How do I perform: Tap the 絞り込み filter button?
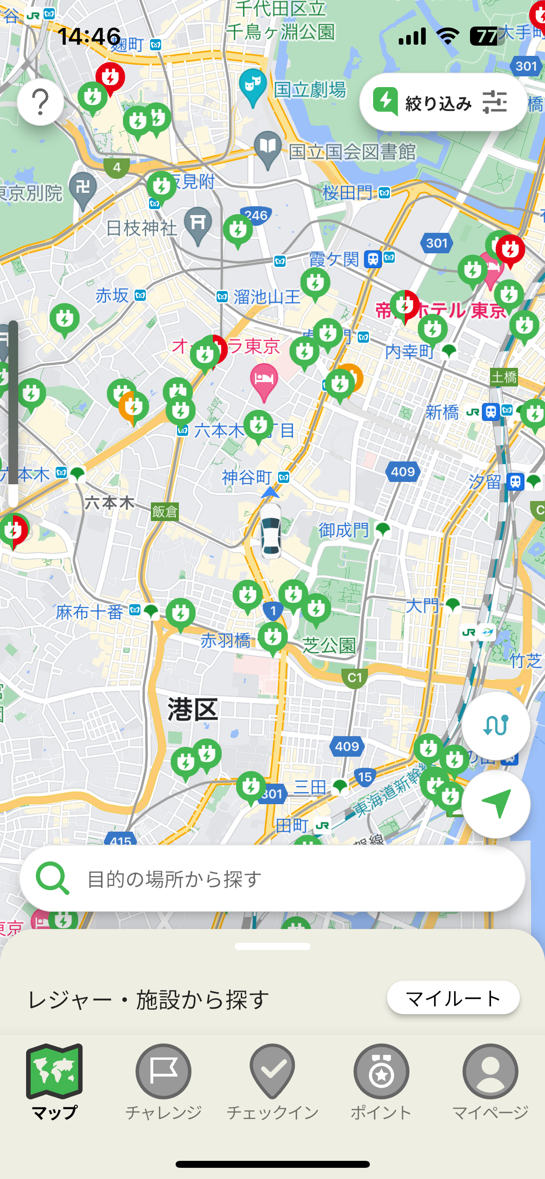443,102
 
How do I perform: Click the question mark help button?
41,102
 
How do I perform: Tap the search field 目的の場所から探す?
272,879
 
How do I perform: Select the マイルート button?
453,998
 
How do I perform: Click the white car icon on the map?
271,531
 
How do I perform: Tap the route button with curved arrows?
496,725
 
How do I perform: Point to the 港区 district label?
192,710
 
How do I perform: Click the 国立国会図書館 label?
352,152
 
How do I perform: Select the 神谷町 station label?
247,477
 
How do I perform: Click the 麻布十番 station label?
89,612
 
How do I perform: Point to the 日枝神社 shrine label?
142,228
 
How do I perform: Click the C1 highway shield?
354,678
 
